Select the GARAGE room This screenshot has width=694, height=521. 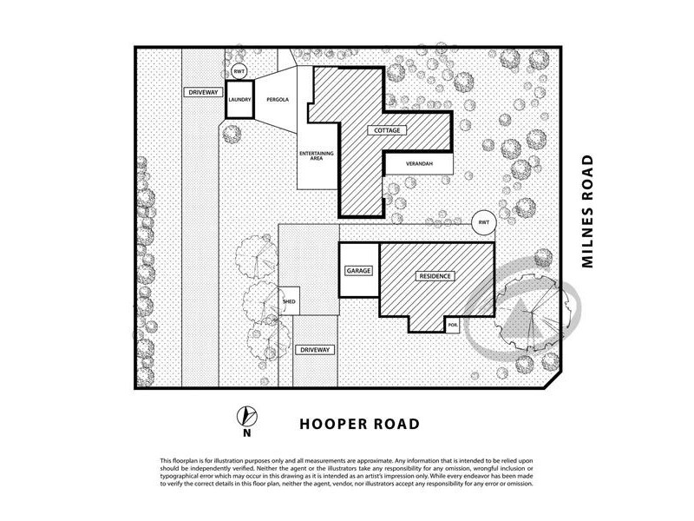pos(358,271)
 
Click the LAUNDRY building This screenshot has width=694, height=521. pos(239,100)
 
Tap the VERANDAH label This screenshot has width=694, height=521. pos(417,164)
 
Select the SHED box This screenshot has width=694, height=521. pos(290,301)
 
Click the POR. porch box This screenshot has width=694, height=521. pos(453,324)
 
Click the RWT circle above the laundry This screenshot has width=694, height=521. pos(239,71)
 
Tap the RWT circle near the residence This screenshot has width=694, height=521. pos(483,223)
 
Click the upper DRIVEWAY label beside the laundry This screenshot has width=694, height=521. pos(200,92)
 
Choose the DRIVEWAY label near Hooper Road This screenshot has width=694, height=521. pos(313,349)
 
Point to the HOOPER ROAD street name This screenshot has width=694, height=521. pos(359,425)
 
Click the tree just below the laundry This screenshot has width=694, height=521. pos(231,133)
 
